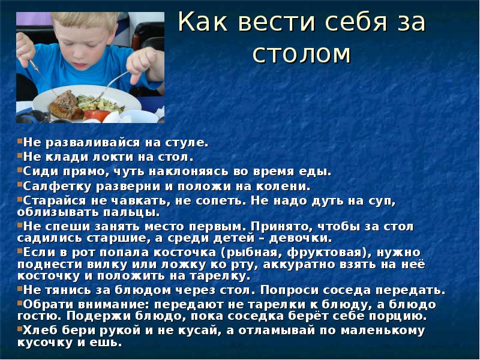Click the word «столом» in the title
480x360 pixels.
pos(301,53)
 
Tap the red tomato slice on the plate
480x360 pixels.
pos(96,114)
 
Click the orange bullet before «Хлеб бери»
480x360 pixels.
pos(19,329)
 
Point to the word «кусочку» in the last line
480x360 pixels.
pos(44,343)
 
